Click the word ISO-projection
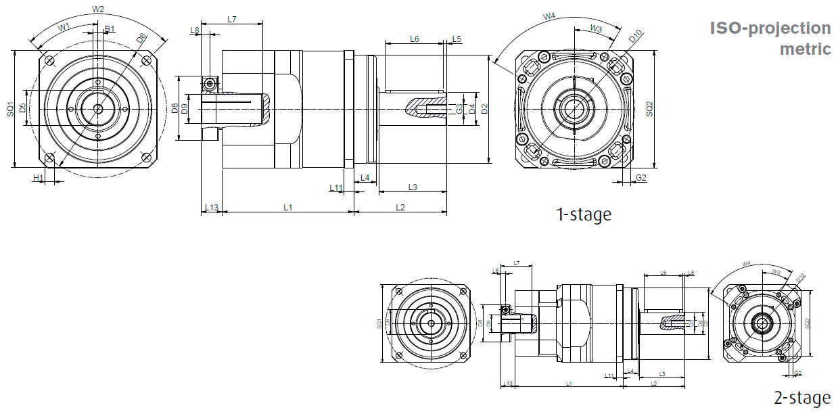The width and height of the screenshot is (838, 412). pyautogui.click(x=770, y=28)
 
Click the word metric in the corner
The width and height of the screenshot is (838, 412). pyautogui.click(x=805, y=49)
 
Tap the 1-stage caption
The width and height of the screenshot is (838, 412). pyautogui.click(x=583, y=214)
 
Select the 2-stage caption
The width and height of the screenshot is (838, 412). pyautogui.click(x=801, y=398)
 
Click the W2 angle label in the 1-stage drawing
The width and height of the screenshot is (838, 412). pyautogui.click(x=97, y=9)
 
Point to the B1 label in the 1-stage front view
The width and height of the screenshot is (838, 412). pyautogui.click(x=110, y=29)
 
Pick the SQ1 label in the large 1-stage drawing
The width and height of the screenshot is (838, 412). pyautogui.click(x=10, y=108)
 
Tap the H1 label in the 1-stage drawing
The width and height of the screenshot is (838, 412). pyautogui.click(x=39, y=177)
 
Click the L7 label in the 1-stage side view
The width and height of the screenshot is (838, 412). pyautogui.click(x=232, y=20)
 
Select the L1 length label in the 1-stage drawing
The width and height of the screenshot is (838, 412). pyautogui.click(x=287, y=207)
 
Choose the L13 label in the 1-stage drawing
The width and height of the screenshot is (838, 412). pyautogui.click(x=212, y=207)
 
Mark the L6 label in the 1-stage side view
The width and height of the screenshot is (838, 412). pyautogui.click(x=415, y=39)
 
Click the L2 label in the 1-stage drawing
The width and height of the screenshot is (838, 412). pyautogui.click(x=400, y=207)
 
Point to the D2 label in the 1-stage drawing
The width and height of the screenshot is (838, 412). pyautogui.click(x=484, y=108)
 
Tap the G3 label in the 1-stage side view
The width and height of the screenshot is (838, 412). pyautogui.click(x=459, y=108)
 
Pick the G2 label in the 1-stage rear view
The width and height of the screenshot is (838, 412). pyautogui.click(x=642, y=178)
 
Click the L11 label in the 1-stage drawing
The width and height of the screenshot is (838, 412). pyautogui.click(x=336, y=187)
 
